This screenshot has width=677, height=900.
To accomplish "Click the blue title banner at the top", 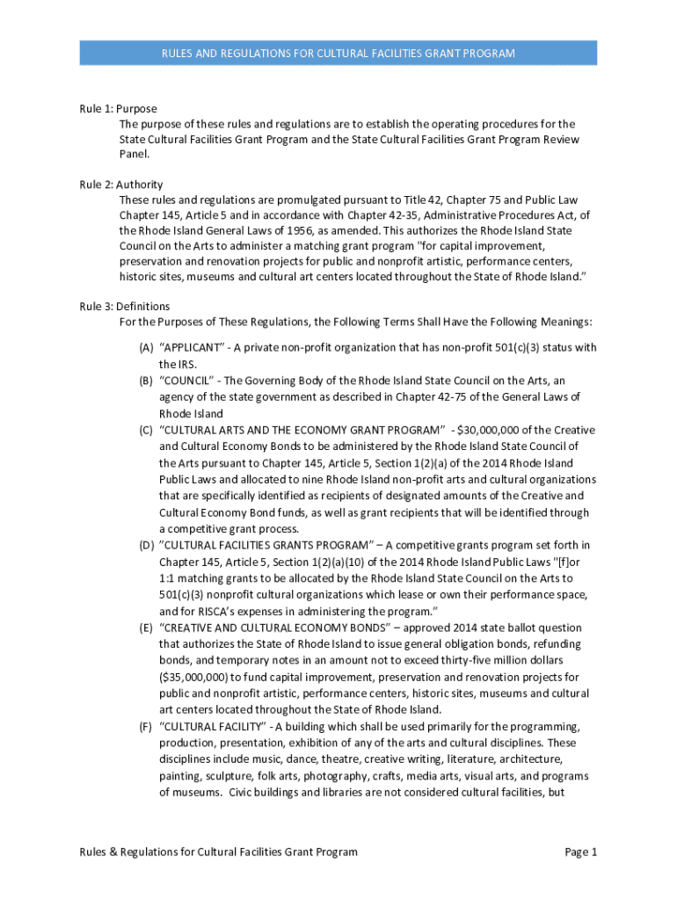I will (x=338, y=54).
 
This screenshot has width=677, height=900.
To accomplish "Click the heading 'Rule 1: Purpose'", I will (x=118, y=109).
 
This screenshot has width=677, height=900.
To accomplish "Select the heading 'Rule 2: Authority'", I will (x=120, y=185).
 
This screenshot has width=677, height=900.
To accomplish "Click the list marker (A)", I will (x=146, y=348).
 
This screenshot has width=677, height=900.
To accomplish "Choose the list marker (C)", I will (x=146, y=431).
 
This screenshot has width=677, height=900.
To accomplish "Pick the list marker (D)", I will (x=146, y=546).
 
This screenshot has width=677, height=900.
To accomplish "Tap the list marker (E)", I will (x=146, y=628).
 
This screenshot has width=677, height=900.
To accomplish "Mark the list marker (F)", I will (x=146, y=727).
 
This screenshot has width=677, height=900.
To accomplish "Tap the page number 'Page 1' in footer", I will (x=581, y=852).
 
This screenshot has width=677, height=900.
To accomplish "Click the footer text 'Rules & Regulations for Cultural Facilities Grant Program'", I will (x=218, y=852).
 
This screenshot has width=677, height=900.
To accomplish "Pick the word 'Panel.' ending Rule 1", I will (x=135, y=155).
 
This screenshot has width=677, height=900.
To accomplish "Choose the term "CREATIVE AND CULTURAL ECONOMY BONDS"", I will (x=270, y=628).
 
